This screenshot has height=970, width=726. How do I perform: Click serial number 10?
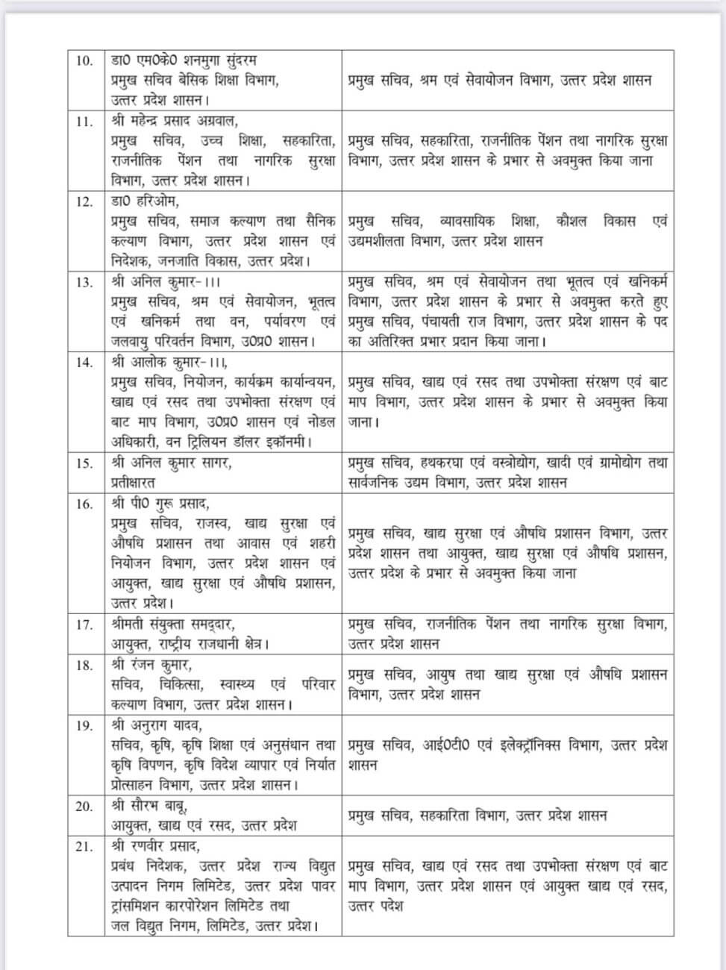84,60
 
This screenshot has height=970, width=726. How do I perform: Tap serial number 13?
84,281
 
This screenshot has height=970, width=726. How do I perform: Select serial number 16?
84,504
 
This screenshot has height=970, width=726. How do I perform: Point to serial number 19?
84,725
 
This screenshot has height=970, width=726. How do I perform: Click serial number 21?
84,847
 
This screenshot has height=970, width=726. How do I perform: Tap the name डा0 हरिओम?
145,201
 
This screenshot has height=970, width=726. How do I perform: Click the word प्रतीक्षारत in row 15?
133,482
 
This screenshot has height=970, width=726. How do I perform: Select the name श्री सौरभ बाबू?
149,806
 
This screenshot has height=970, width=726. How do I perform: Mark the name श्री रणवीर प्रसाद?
156,847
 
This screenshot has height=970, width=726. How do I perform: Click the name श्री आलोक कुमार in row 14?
160,362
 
